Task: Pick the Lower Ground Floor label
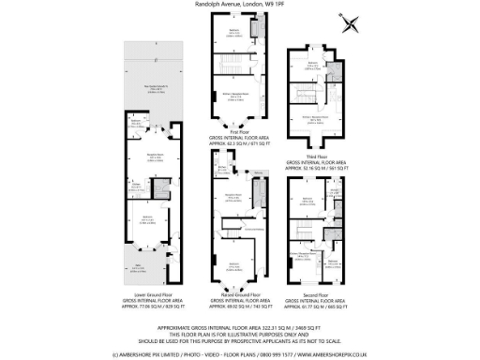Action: pos(147,293)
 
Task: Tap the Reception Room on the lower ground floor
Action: pos(148,157)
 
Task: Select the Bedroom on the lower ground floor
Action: pos(147,220)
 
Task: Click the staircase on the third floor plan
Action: pos(308,95)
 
